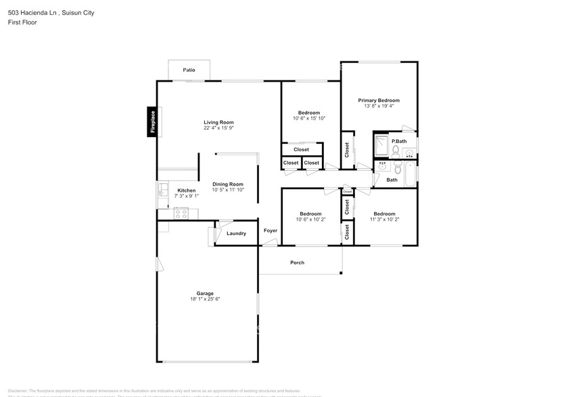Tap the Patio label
click(189, 70)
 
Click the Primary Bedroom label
click(379, 100)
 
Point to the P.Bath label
click(399, 140)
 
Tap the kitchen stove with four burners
click(181, 213)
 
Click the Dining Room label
click(227, 184)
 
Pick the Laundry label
click(236, 234)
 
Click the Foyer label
click(271, 230)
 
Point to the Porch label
click(297, 263)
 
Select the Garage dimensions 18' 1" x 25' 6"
click(205, 298)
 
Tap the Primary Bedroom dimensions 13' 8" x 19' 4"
click(379, 105)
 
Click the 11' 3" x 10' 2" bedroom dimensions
click(384, 219)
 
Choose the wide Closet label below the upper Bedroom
click(301, 149)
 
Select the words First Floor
click(23, 22)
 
